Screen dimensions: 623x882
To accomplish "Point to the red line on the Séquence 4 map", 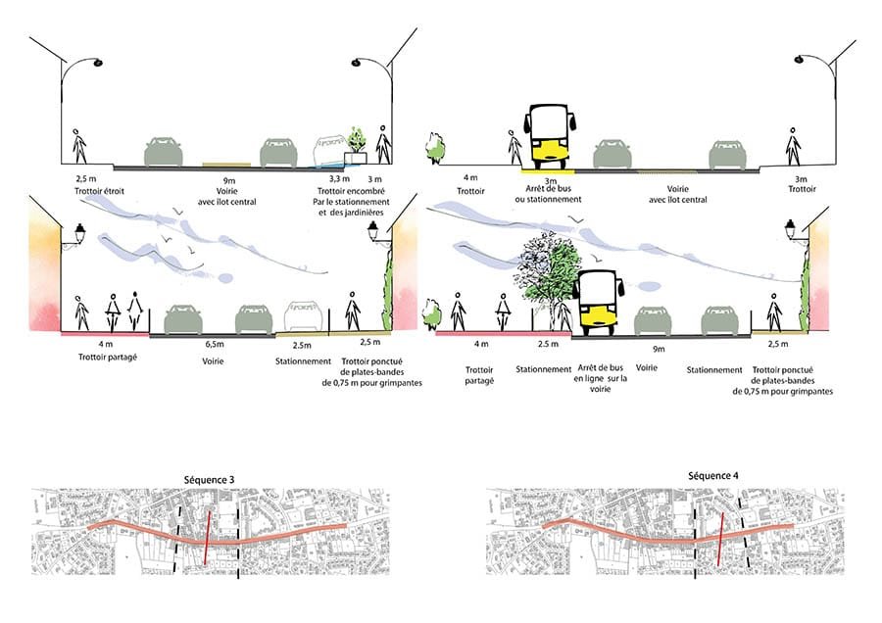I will click(x=720, y=539).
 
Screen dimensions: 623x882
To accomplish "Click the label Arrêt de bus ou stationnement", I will click(x=549, y=193).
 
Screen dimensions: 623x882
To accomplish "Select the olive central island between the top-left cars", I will click(x=224, y=165).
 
